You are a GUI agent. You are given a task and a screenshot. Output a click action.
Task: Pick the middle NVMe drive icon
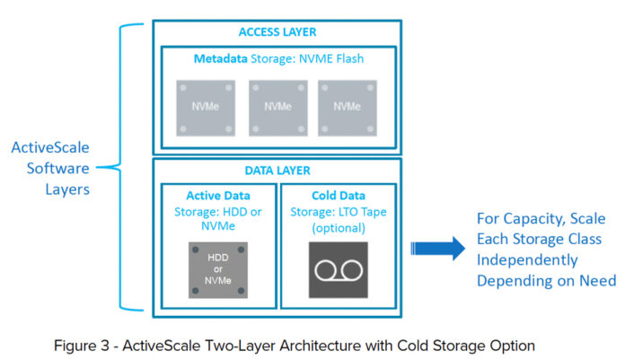tap(277, 105)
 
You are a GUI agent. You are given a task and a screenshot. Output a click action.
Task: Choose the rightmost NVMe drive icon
tap(348, 105)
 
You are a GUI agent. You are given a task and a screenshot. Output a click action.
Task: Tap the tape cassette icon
tap(339, 269)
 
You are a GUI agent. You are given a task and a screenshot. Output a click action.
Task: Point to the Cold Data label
tap(339, 195)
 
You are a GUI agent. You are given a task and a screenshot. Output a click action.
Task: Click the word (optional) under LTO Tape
tap(339, 228)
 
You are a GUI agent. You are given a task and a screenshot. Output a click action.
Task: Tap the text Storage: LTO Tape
tap(339, 212)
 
